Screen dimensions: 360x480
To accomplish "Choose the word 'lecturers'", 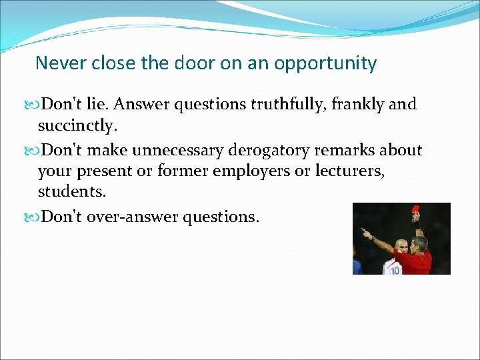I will click(351, 171).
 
